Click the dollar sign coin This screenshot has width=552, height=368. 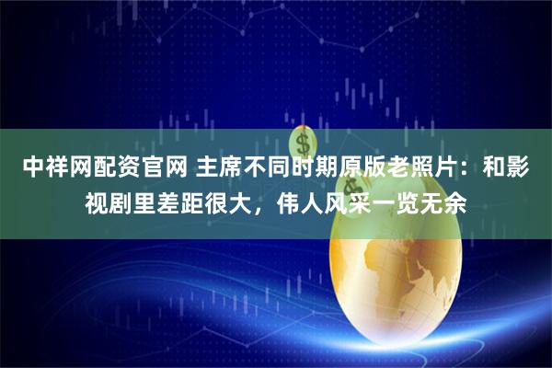(303, 143)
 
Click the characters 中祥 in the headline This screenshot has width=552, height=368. (43, 167)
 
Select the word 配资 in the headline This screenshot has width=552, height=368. (109, 167)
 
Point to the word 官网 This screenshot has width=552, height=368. (154, 167)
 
